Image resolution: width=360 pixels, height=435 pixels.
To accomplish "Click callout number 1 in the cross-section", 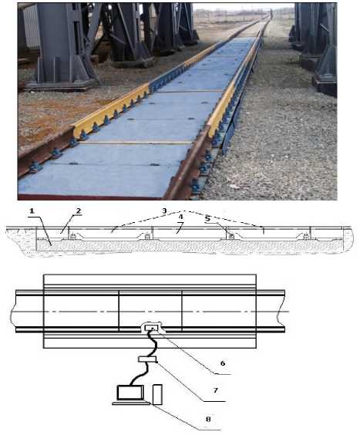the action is pos(32,211).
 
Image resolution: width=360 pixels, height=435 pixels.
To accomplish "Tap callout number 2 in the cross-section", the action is pos(79,211).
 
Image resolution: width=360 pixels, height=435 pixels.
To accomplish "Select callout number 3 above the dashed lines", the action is pos(164,211).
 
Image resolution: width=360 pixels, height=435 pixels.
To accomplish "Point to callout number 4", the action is pos(181,217).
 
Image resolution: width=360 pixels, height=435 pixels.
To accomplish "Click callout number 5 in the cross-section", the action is pos(207,218).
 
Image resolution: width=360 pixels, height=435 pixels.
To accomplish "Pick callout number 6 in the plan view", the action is pos(223,363).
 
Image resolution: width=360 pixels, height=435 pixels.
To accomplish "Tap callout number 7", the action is pos(216,390).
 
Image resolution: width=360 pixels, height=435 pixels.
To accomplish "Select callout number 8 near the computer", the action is pos(208,419).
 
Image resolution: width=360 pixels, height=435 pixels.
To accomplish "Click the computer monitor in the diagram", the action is pos(130,393).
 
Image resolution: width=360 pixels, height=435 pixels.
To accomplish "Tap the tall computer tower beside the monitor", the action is pos(157,394).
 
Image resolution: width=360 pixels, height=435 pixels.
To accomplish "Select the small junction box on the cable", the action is pos(147,359).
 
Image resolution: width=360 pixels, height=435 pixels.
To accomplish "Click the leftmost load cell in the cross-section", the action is pos(73,237).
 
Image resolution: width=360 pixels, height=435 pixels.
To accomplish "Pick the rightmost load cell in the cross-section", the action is pos(306,237).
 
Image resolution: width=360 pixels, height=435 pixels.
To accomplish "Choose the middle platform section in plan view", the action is pos(150,311).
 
